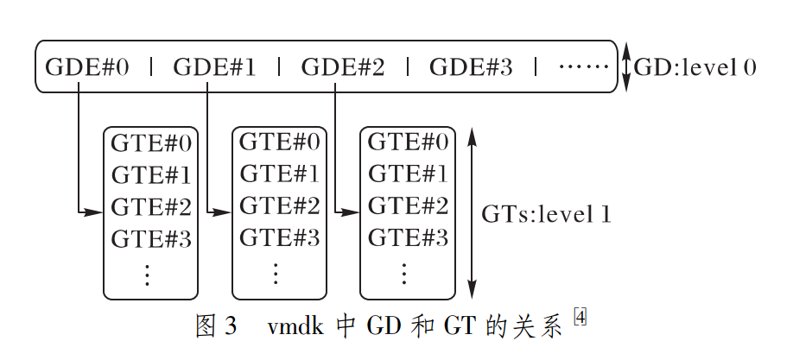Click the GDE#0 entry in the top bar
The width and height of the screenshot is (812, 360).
[x=86, y=66]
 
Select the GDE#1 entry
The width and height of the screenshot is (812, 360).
[x=214, y=66]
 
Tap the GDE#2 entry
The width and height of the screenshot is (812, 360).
[x=342, y=66]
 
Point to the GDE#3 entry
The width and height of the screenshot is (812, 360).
[x=470, y=66]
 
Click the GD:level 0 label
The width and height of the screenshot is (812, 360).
[x=695, y=66]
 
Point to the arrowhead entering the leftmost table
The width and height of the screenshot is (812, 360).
[x=96, y=212]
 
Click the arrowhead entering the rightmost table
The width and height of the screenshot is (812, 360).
[x=352, y=212]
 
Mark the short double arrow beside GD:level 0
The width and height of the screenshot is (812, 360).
[x=627, y=67]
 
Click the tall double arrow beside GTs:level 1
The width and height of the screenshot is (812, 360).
[x=471, y=213]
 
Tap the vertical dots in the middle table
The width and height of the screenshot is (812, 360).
[x=276, y=274]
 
